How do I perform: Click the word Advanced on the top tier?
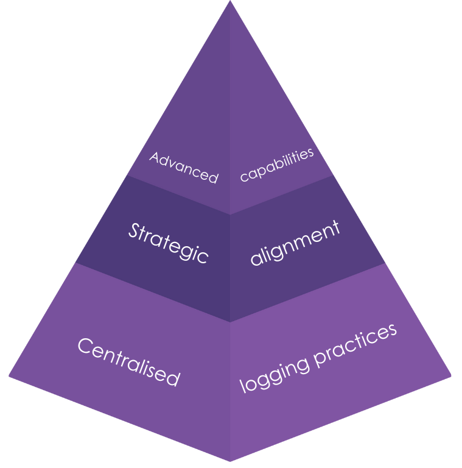(183, 167)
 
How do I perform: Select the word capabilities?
(277, 164)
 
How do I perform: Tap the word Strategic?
(169, 243)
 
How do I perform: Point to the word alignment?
(295, 243)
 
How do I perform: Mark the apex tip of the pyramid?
(230, 2)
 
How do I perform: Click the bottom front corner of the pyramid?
(230, 460)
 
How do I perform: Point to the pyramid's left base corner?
(9, 375)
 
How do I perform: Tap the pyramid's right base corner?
(451, 375)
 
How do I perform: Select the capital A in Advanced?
(155, 158)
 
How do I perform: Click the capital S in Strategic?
(135, 230)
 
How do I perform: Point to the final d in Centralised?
(173, 378)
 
